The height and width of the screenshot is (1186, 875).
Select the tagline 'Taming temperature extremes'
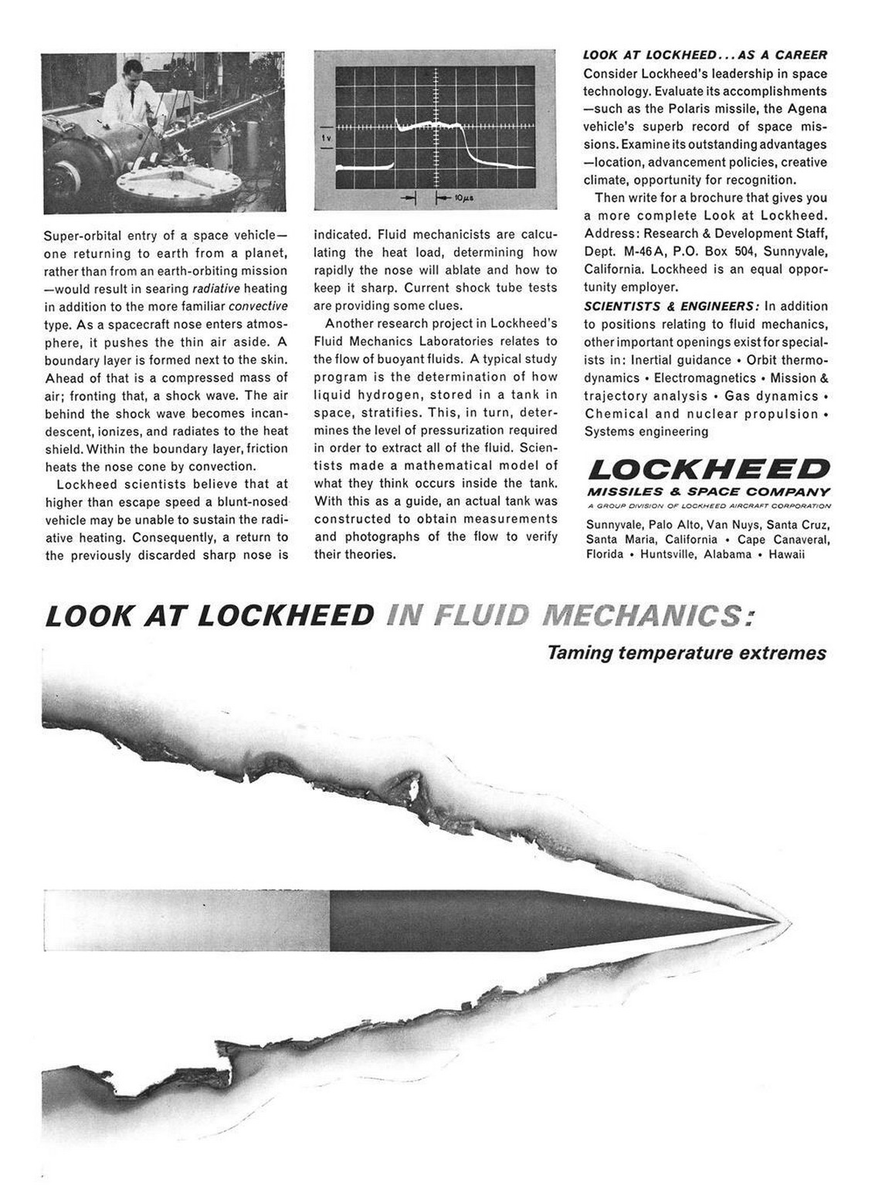[x=687, y=653]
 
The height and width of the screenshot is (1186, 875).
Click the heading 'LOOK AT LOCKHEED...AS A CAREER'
[x=705, y=55]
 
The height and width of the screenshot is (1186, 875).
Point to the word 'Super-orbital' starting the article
[x=78, y=235]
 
